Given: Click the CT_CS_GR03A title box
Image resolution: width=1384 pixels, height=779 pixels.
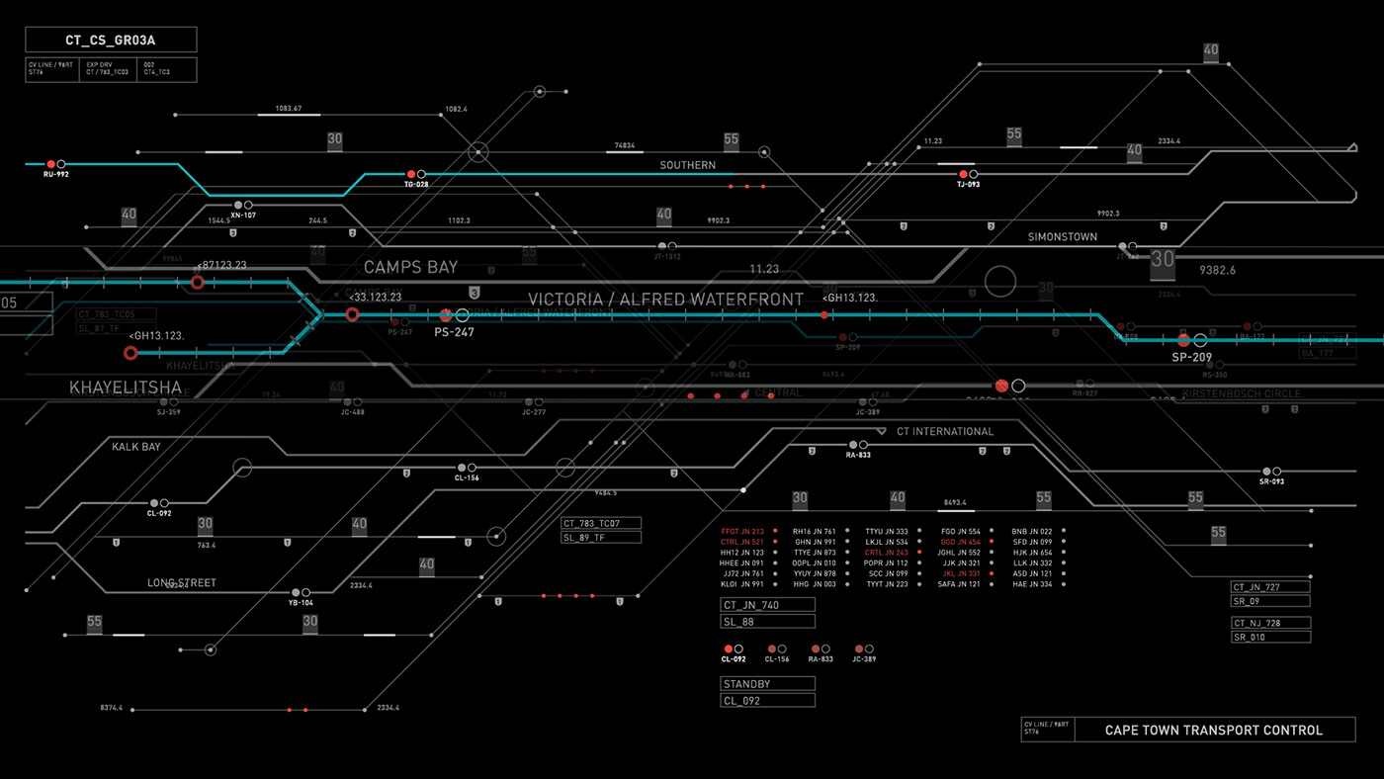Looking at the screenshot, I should [111, 40].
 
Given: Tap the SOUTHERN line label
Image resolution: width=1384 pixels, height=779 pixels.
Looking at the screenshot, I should [688, 165].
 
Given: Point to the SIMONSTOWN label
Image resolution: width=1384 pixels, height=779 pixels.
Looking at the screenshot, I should [1063, 237].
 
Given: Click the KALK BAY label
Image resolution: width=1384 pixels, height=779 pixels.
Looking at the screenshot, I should [136, 447].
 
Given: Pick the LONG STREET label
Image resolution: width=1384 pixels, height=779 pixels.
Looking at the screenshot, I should [182, 583].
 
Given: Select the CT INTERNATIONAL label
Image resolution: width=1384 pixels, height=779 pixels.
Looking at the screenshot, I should [944, 432].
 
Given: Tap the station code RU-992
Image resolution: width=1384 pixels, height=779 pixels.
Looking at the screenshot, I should [56, 175].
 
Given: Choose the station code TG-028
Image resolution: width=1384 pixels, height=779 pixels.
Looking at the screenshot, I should [416, 185].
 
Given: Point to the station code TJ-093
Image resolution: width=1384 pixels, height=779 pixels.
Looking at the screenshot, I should [968, 185].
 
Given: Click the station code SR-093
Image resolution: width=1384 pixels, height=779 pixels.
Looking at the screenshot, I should [1271, 482].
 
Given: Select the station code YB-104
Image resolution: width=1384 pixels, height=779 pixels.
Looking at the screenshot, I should [301, 603].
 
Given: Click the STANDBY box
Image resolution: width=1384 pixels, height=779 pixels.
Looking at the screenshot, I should [767, 684].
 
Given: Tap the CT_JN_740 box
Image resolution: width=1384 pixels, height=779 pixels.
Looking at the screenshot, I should [767, 605].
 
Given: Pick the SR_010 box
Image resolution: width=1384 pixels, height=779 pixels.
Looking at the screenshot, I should [1270, 638].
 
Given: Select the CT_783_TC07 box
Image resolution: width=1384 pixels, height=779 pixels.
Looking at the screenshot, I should [601, 523].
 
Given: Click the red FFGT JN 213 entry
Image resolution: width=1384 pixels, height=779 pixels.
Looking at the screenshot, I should [742, 532].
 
